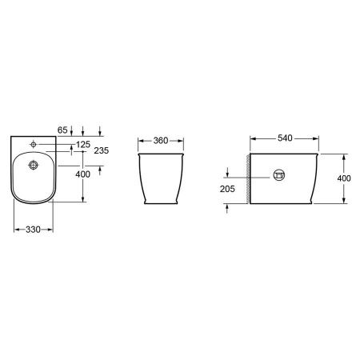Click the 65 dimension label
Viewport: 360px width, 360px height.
coord(62,130)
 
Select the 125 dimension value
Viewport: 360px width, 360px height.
coord(83,145)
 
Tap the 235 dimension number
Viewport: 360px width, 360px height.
coord(102,150)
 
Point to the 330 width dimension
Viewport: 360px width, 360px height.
coord(33,230)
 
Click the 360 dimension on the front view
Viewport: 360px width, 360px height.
coord(161,141)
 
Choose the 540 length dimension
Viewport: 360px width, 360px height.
coord(285,138)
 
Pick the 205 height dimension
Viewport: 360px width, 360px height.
coord(227,189)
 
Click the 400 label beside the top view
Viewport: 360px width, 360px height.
coord(82,174)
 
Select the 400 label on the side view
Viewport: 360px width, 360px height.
coord(344,178)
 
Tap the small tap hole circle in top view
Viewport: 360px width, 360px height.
coord(34,144)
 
